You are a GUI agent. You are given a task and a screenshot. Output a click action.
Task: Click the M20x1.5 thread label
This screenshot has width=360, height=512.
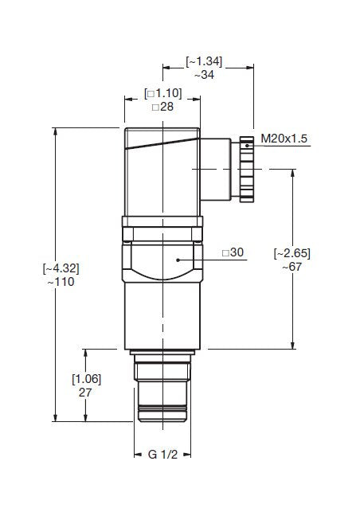point(284,139)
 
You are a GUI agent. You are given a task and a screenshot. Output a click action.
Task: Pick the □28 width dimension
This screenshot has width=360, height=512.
point(163,107)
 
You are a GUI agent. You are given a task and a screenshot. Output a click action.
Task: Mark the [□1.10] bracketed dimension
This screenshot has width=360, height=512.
point(163,93)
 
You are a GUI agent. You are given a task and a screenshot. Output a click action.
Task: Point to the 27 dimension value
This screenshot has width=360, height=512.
point(86,393)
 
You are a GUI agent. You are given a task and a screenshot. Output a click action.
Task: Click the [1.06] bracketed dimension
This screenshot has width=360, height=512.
point(86,378)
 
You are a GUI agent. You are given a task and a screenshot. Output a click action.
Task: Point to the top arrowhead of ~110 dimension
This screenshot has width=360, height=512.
point(55,132)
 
